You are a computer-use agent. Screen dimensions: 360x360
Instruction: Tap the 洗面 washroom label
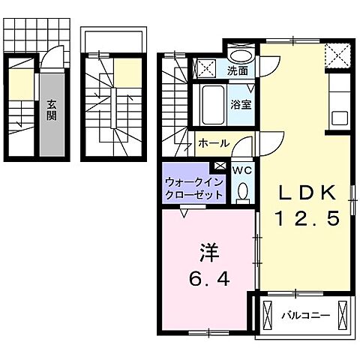[x=239, y=71]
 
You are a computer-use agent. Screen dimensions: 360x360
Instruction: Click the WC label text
[x=241, y=171]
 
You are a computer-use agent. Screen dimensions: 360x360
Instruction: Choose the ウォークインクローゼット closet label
[x=193, y=187]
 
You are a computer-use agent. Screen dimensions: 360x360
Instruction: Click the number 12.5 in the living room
[x=307, y=218]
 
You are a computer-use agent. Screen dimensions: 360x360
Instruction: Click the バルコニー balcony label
[x=305, y=315]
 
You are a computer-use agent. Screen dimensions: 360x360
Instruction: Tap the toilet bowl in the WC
[x=241, y=193]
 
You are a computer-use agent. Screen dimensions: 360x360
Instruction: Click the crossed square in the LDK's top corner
[x=337, y=55]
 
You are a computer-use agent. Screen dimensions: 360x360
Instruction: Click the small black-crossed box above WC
[x=219, y=166]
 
